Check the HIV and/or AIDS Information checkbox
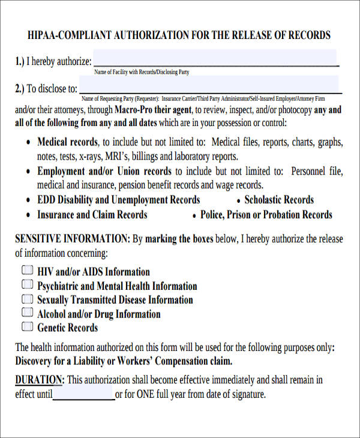pyautogui.click(x=28, y=271)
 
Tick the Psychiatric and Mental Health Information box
pyautogui.click(x=28, y=285)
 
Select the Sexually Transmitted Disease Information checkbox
pyautogui.click(x=28, y=299)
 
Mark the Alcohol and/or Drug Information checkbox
pyautogui.click(x=28, y=313)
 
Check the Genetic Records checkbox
pyautogui.click(x=28, y=327)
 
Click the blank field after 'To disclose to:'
pyautogui.click(x=210, y=88)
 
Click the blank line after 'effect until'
pyautogui.click(x=83, y=395)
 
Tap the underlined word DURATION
pyautogui.click(x=39, y=380)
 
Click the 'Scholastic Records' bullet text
pyautogui.click(x=279, y=200)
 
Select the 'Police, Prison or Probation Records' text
pyautogui.click(x=266, y=214)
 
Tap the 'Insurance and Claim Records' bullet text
pyautogui.click(x=92, y=214)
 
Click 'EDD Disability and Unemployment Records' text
pyautogui.click(x=119, y=200)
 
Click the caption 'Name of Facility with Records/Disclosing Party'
pyautogui.click(x=142, y=72)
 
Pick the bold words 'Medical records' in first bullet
pyautogui.click(x=67, y=142)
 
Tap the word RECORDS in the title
pyautogui.click(x=308, y=35)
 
